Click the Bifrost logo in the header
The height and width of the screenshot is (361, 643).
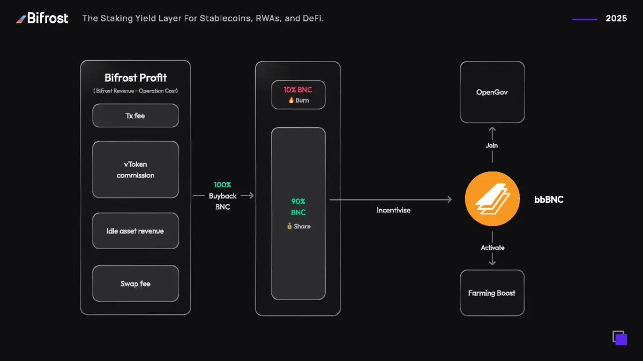(x=42, y=19)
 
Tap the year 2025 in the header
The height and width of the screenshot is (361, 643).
(x=616, y=19)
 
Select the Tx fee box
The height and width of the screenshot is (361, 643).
(x=135, y=116)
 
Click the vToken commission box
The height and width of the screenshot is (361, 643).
(x=135, y=170)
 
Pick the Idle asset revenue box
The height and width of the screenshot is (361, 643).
(x=135, y=231)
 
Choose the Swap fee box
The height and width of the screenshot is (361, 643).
(x=135, y=283)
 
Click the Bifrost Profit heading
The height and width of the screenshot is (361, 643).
(x=135, y=78)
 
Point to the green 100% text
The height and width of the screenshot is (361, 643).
(x=222, y=185)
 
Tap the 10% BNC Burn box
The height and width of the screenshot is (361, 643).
(x=298, y=95)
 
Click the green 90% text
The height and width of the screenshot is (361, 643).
(x=298, y=202)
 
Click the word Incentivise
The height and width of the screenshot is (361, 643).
(x=393, y=210)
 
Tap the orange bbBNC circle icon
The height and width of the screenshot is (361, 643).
(x=492, y=199)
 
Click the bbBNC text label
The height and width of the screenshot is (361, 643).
(x=548, y=200)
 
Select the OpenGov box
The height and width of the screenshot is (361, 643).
(x=492, y=92)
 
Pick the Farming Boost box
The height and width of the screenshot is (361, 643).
(x=492, y=293)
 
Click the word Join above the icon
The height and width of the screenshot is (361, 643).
(x=492, y=145)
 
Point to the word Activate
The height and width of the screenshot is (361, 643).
(x=492, y=248)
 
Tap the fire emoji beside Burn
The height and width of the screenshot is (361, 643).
(x=290, y=101)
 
